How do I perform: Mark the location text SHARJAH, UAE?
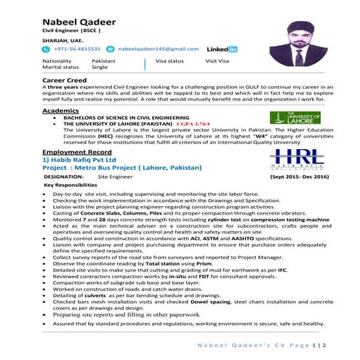click(x=63, y=41)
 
